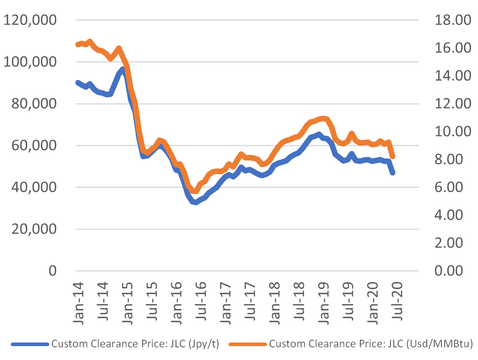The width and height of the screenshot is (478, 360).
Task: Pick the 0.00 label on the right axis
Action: click(x=450, y=271)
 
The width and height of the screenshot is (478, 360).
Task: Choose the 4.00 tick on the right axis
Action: click(x=450, y=215)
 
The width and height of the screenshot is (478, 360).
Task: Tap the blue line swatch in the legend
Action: click(x=29, y=344)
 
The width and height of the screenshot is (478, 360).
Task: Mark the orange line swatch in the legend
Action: click(x=248, y=344)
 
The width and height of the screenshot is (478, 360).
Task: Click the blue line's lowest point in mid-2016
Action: click(x=195, y=202)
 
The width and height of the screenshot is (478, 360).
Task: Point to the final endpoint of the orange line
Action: click(x=393, y=156)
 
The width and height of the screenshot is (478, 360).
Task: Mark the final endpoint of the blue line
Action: click(x=393, y=173)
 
